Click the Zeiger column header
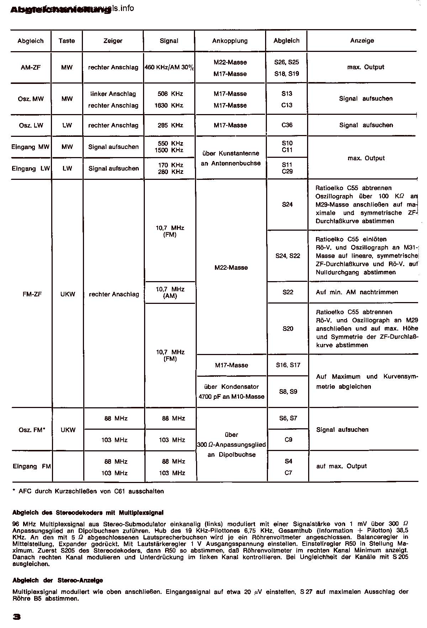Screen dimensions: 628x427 tap(113, 41)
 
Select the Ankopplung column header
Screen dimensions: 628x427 tap(230, 41)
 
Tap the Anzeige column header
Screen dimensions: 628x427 tap(362, 41)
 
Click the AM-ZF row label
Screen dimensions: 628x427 tap(31, 68)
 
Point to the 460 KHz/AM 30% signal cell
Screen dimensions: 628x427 tap(169, 68)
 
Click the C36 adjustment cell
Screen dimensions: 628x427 tap(287, 125)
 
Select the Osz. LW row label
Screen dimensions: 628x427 tap(31, 125)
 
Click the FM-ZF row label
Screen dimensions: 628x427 tap(32, 294)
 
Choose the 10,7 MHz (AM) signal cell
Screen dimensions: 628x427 tap(170, 292)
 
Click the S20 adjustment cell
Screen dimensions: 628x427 tap(288, 329)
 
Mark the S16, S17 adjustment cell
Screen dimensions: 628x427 tap(288, 365)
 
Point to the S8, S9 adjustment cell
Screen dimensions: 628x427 tap(288, 392)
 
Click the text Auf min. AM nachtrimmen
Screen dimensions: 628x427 tap(357, 292)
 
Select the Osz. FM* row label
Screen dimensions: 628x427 tap(32, 430)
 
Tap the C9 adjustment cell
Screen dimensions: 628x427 tap(288, 440)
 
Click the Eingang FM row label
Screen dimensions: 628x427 tap(32, 466)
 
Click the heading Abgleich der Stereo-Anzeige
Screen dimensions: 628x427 tap(58, 580)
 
